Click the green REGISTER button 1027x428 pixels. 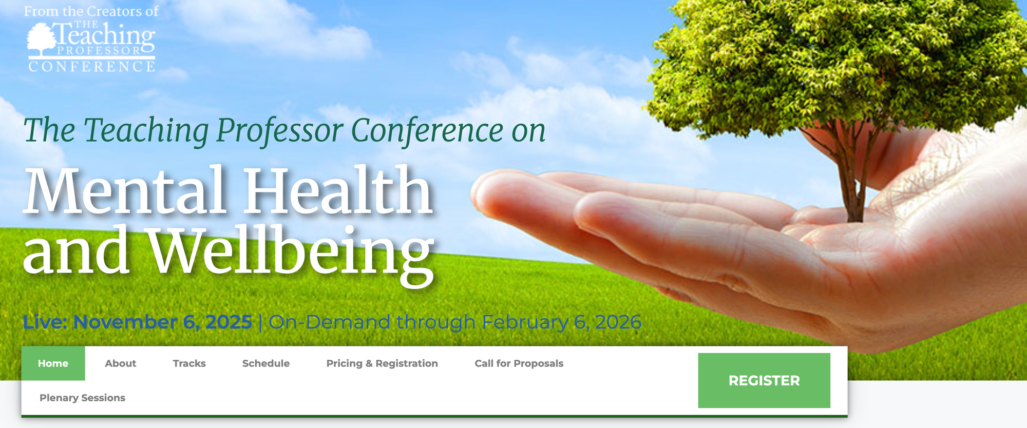764,380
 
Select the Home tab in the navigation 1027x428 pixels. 53,363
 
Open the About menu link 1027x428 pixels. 120,363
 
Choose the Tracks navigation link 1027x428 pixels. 189,363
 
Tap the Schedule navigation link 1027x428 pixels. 265,363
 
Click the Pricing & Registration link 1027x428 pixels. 382,363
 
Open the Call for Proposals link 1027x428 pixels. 519,363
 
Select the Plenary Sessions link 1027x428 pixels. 82,398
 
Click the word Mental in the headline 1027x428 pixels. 125,191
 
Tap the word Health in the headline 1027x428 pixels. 338,191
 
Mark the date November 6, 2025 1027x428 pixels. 162,322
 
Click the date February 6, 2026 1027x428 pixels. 561,322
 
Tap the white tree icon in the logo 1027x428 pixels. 41,40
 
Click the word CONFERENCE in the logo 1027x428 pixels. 92,67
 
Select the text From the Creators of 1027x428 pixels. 91,11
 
